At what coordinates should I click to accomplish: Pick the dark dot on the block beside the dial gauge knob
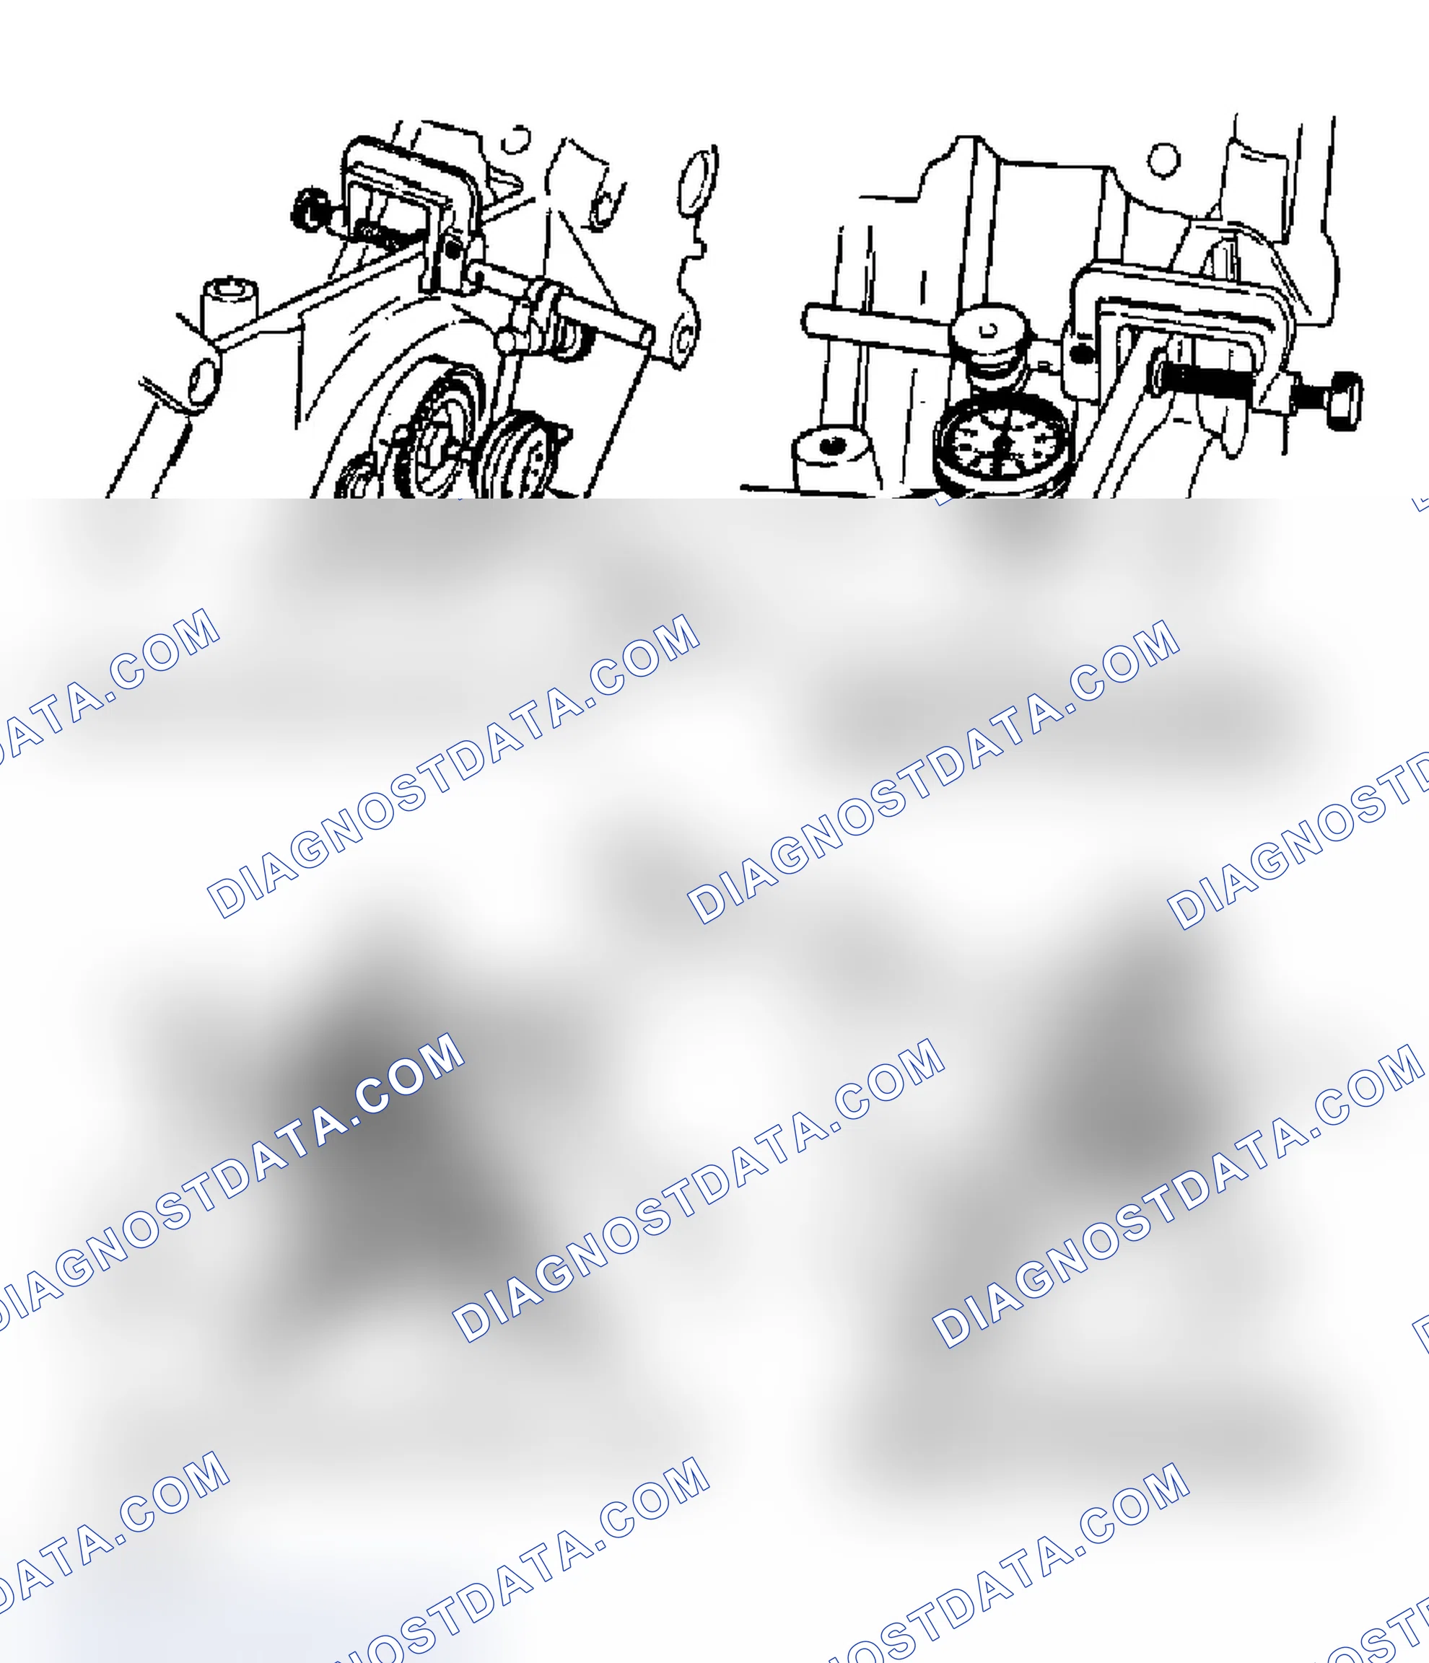1081,351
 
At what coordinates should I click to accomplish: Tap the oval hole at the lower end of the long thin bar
204,380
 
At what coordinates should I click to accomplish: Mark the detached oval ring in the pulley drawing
699,183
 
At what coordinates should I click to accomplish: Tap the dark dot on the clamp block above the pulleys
453,250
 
